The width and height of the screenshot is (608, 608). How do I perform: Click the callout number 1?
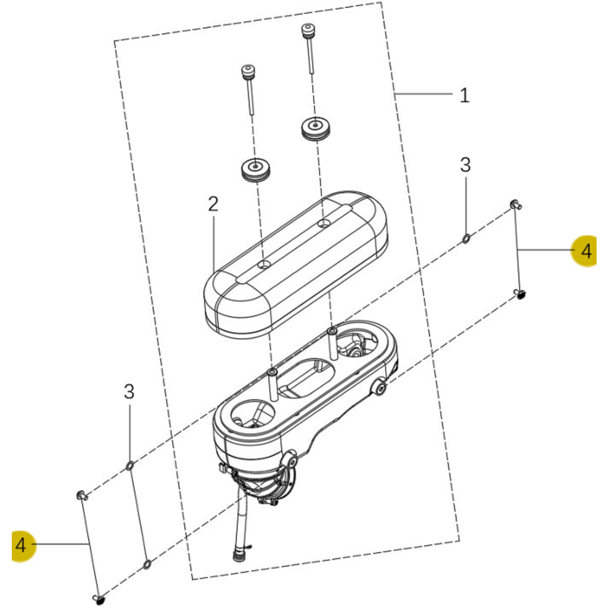pos(464,95)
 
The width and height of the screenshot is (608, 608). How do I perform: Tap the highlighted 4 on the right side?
pos(586,251)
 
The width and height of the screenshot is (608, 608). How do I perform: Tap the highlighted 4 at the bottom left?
pos(21,545)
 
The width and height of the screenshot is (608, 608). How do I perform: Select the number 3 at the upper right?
pos(466,165)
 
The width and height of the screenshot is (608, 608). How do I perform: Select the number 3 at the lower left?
pos(129,392)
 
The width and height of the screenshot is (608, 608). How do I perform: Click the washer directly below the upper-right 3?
pos(466,238)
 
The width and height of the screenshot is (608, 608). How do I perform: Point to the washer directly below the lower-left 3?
pos(130,466)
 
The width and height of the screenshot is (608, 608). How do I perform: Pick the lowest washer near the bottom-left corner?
pos(146,564)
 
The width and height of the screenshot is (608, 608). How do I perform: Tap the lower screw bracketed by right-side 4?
pos(520,294)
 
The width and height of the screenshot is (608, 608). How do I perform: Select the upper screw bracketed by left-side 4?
pos(82,495)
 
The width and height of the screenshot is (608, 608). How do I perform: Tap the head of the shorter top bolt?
pos(248,70)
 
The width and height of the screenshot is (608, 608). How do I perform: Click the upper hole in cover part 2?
pos(324,223)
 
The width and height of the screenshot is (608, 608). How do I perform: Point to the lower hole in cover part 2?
pos(264,264)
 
